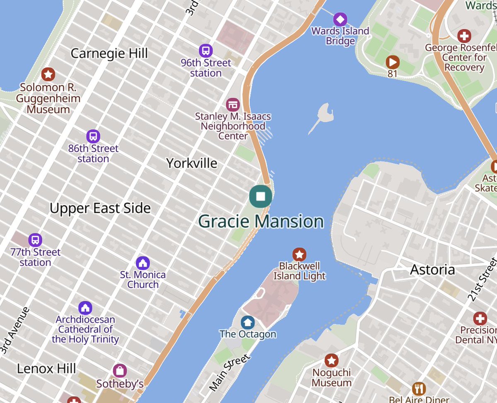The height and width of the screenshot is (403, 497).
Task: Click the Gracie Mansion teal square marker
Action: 261,196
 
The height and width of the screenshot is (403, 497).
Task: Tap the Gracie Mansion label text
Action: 261,222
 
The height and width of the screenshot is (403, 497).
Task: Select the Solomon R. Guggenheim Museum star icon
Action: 48,75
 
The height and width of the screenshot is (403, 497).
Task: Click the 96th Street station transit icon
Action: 205,51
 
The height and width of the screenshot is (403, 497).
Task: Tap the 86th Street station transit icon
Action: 93,136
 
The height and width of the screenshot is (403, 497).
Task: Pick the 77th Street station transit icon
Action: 35,240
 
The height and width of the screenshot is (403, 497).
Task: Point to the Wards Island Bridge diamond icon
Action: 340,19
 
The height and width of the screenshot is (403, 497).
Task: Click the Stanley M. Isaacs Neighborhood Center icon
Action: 233,104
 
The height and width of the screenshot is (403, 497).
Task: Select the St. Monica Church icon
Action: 143,263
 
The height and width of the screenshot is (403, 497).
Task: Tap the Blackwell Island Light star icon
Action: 299,254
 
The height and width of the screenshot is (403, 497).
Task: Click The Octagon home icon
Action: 248,322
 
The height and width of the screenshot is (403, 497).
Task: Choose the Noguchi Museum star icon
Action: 331,360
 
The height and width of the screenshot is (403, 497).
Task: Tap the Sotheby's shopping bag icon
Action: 120,371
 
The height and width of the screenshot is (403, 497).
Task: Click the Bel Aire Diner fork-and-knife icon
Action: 419,389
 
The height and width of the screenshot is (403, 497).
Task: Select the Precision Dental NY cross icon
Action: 480,318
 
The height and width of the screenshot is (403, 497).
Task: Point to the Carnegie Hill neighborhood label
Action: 109,53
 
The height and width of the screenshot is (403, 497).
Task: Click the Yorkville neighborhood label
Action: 191,163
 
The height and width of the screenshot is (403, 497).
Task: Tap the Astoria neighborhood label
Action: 432,270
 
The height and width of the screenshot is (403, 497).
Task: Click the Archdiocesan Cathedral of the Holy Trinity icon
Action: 85,308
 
